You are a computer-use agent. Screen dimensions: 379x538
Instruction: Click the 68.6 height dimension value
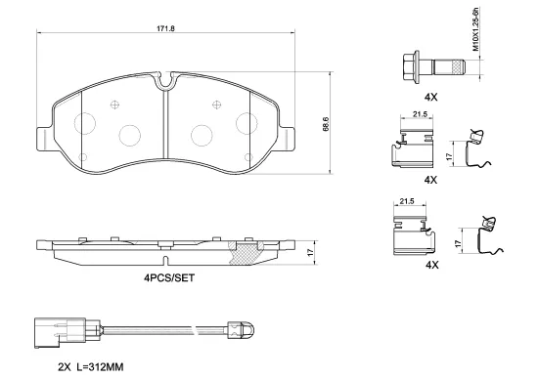326,124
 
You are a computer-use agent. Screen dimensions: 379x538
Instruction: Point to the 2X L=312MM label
90,366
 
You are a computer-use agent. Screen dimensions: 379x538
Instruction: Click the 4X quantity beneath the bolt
431,97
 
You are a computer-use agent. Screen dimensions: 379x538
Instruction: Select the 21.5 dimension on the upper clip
419,116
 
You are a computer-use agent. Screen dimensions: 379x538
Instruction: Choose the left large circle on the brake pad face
130,136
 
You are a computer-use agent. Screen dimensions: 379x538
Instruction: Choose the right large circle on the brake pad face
202,136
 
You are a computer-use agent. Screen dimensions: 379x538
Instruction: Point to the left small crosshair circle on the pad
114,106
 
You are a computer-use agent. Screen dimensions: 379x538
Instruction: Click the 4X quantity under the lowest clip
431,265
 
